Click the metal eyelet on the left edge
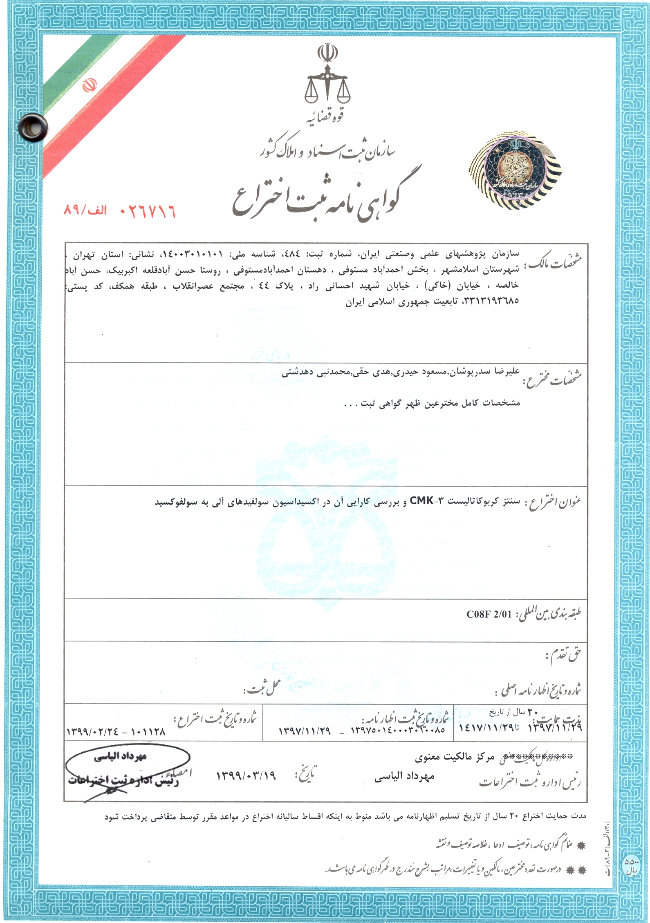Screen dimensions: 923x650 coord(33,128)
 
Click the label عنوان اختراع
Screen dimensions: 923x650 coord(554,503)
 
